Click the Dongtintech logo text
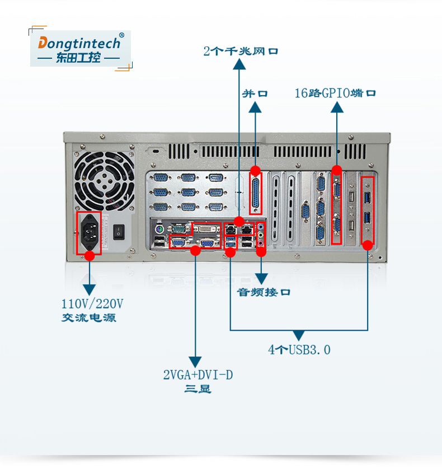[x=79, y=43]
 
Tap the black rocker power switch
[x=119, y=231]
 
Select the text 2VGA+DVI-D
[x=198, y=375]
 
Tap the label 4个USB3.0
[x=299, y=350]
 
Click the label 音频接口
[x=264, y=292]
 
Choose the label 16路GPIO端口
[x=335, y=93]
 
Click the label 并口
[x=255, y=93]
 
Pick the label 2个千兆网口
[x=241, y=52]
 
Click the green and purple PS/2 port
[x=159, y=230]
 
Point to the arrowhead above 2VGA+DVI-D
[x=195, y=362]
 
